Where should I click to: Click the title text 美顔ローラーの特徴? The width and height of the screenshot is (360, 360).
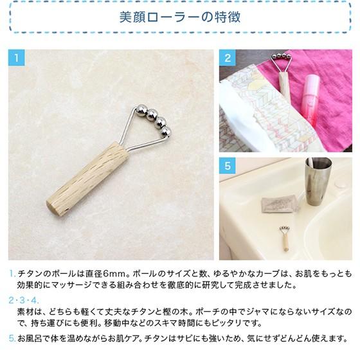179,17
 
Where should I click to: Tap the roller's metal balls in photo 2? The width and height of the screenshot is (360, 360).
280,60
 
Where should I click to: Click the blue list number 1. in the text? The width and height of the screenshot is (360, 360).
12,273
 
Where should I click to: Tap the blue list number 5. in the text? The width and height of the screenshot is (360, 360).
12,337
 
